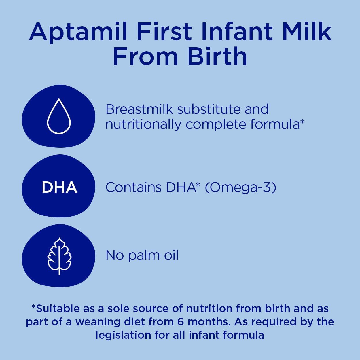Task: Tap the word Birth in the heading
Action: pyautogui.click(x=217, y=56)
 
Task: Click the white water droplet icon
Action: pyautogui.click(x=59, y=116)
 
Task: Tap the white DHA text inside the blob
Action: pyautogui.click(x=59, y=187)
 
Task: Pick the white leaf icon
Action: pyautogui.click(x=59, y=256)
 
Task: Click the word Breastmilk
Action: pyautogui.click(x=139, y=109)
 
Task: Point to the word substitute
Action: pyautogui.click(x=209, y=109)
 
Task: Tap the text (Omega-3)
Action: pyautogui.click(x=240, y=187)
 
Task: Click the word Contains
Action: pyautogui.click(x=134, y=187)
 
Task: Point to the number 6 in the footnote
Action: pyautogui.click(x=181, y=322)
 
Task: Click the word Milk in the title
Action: pyautogui.click(x=307, y=31)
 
